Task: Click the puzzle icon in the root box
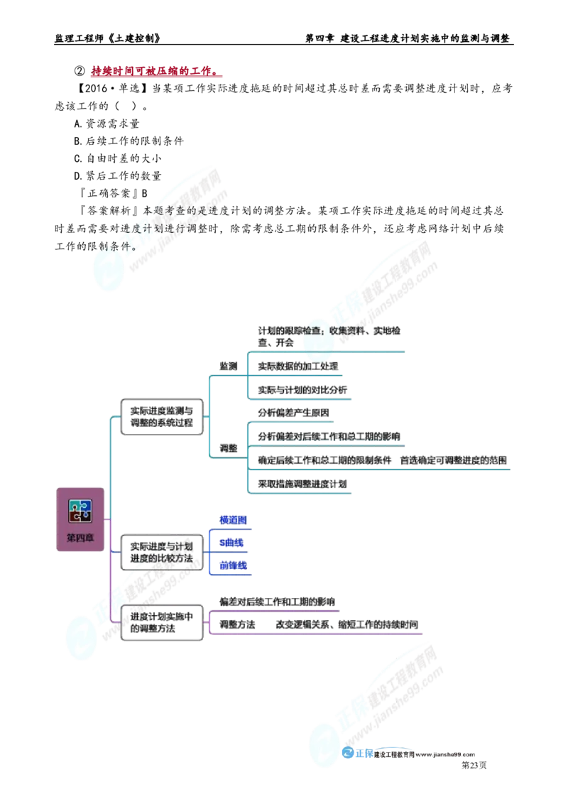[79, 509]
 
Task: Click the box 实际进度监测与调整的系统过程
[161, 417]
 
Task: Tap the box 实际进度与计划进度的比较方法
[161, 552]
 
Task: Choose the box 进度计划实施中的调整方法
[161, 623]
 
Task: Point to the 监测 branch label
[227, 364]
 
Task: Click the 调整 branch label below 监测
[227, 449]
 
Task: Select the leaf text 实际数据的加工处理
[298, 366]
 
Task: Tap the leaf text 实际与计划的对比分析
[303, 390]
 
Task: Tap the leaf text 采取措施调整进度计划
[303, 484]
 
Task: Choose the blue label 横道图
[233, 520]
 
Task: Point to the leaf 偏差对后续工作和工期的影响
[277, 602]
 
